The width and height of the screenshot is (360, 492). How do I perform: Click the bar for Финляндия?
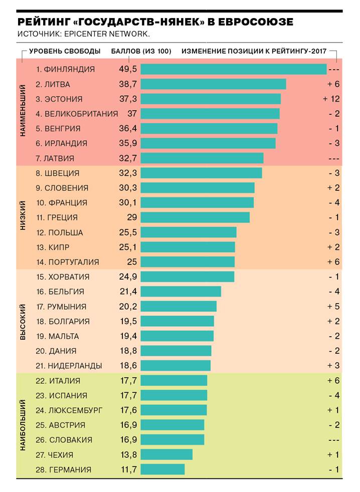(x=234, y=69)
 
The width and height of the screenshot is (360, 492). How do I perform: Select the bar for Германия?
(x=162, y=469)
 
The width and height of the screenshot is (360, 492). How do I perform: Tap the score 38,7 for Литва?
(x=128, y=84)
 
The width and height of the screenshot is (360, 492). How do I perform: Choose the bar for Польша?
(x=189, y=232)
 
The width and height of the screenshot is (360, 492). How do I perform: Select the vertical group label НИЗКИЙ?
(x=23, y=216)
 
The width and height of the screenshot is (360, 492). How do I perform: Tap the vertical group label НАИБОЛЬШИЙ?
(x=23, y=425)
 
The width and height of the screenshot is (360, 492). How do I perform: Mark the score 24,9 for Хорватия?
(x=128, y=277)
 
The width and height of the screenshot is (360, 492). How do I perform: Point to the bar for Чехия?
(x=166, y=454)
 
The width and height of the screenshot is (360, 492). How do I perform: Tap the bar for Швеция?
(x=201, y=173)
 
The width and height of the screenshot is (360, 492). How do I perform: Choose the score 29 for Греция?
(x=132, y=217)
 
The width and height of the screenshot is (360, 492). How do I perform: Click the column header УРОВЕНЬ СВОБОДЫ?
(x=65, y=51)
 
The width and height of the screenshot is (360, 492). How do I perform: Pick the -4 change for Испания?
(x=333, y=395)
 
